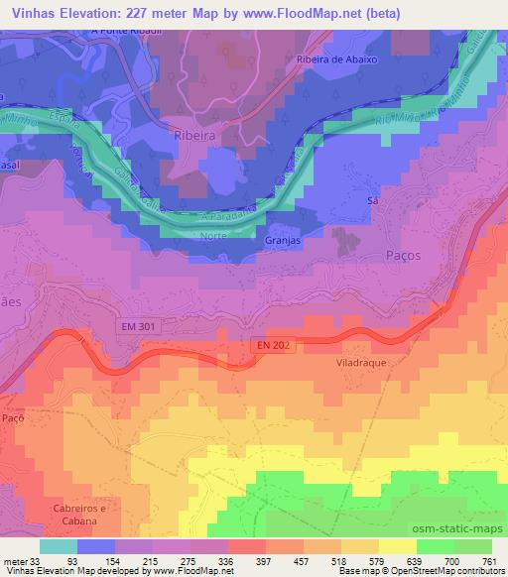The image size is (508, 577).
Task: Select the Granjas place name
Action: (283, 240)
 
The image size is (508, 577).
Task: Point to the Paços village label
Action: (402, 255)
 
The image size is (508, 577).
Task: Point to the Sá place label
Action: (373, 199)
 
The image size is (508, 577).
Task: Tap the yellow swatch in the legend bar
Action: (398, 546)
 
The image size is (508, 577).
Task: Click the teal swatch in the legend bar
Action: (58, 546)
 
